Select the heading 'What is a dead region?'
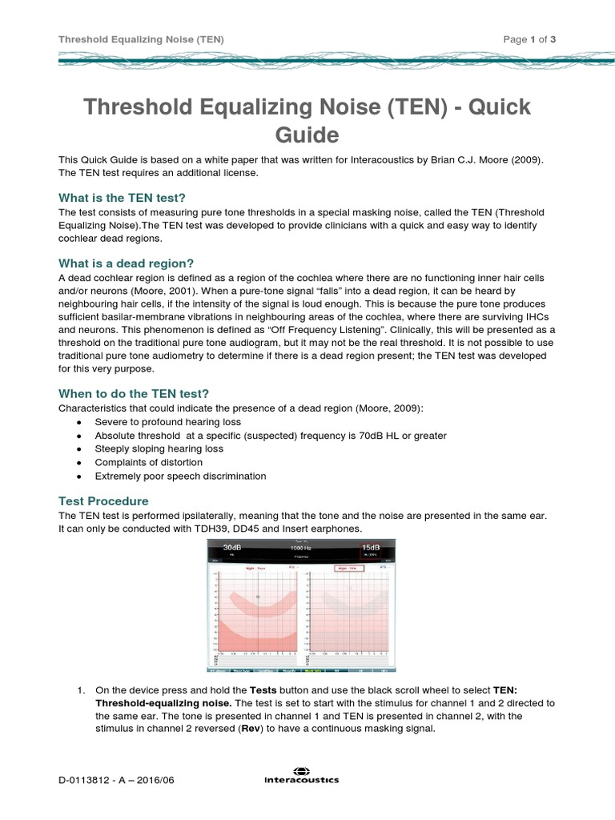[127, 263]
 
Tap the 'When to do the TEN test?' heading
[134, 393]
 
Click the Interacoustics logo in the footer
[302, 778]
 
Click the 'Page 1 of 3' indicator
[529, 39]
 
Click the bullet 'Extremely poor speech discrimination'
[180, 476]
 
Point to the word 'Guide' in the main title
[307, 134]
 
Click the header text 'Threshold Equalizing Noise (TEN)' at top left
[140, 39]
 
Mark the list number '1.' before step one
[81, 689]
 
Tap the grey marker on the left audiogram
[258, 597]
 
